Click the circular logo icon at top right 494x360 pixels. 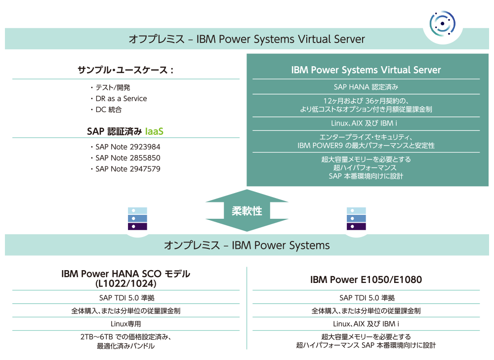pyautogui.click(x=442, y=23)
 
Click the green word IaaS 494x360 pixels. pyautogui.click(x=154, y=131)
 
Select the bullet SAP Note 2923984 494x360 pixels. pyautogui.click(x=125, y=147)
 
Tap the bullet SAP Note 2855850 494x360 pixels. pyautogui.click(x=125, y=158)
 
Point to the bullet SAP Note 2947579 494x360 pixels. pyautogui.click(x=125, y=169)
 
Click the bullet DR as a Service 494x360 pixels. pyautogui.click(x=119, y=99)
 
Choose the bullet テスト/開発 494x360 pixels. pyautogui.click(x=110, y=87)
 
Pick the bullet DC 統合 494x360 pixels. pyautogui.click(x=106, y=110)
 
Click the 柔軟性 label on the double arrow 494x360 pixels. pyautogui.click(x=247, y=211)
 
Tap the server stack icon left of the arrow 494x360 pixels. pyautogui.click(x=137, y=219)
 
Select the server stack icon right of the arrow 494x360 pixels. pyautogui.click(x=356, y=219)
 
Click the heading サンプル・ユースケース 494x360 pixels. pyautogui.click(x=125, y=70)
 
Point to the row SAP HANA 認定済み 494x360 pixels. pyautogui.click(x=366, y=87)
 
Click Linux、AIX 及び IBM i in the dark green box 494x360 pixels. pyautogui.click(x=364, y=123)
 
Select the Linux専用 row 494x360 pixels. pyautogui.click(x=125, y=324)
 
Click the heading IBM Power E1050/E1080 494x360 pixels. pyautogui.click(x=366, y=280)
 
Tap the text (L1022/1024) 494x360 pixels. pyautogui.click(x=125, y=284)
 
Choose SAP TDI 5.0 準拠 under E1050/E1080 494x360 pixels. pyautogui.click(x=367, y=298)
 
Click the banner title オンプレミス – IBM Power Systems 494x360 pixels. pyautogui.click(x=247, y=245)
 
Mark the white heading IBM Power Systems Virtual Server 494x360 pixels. pyautogui.click(x=366, y=70)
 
